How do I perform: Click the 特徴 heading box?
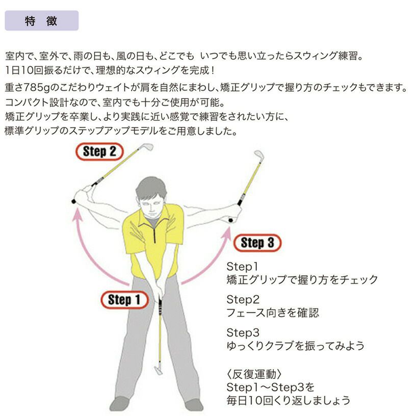[x=42, y=21]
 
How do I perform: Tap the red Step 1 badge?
[x=124, y=300]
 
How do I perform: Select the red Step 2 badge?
[x=99, y=151]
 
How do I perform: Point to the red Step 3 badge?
[x=257, y=243]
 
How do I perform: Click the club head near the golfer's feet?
[x=159, y=370]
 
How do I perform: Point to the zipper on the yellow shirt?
[x=154, y=233]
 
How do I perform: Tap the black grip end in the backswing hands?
[x=74, y=202]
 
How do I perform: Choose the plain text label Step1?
[x=242, y=267]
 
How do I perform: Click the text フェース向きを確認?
[x=272, y=313]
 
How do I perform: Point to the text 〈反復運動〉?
[x=254, y=374]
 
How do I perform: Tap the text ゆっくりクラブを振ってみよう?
[x=295, y=346]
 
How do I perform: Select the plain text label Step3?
[x=243, y=333]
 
